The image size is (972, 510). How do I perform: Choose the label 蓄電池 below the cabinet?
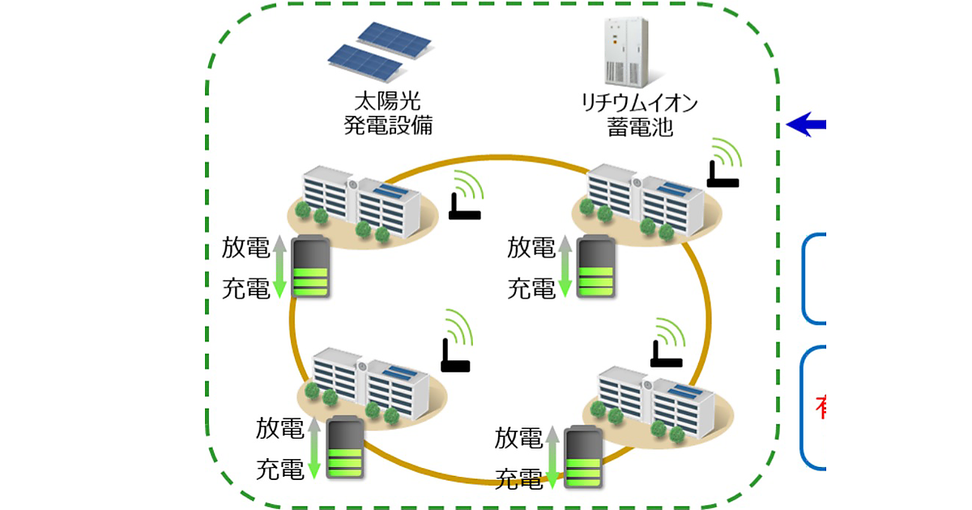point(639,128)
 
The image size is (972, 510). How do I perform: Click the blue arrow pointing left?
point(805,125)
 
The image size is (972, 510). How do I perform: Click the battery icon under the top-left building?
point(310,267)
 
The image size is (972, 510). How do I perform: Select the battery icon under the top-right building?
point(596,267)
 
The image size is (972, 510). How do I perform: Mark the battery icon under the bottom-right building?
point(584,457)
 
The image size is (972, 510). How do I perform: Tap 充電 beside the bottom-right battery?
point(518,477)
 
